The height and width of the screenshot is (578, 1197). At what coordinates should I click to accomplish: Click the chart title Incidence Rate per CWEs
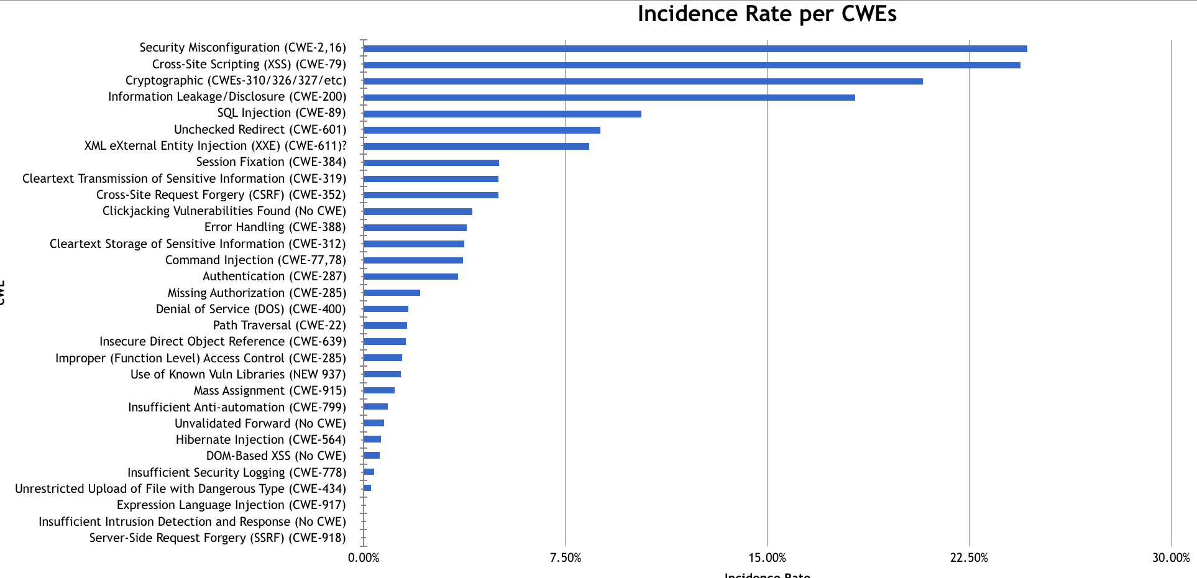pyautogui.click(x=767, y=14)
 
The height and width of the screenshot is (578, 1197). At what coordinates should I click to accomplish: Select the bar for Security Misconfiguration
pyautogui.click(x=695, y=48)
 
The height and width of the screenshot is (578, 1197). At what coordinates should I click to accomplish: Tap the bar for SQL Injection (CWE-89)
pyautogui.click(x=502, y=114)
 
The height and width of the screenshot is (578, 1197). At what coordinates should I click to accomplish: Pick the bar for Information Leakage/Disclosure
pyautogui.click(x=609, y=98)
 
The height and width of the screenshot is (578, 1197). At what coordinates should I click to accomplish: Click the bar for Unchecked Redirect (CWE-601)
pyautogui.click(x=482, y=130)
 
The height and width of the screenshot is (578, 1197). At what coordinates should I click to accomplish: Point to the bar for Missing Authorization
pyautogui.click(x=392, y=293)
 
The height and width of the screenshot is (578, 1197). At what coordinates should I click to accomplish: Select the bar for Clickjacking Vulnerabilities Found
pyautogui.click(x=418, y=212)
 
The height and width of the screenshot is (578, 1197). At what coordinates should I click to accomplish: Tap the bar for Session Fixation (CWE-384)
pyautogui.click(x=431, y=163)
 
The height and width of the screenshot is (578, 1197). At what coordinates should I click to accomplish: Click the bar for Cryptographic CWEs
pyautogui.click(x=643, y=81)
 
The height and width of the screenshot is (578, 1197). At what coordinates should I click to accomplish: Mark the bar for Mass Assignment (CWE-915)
pyautogui.click(x=379, y=390)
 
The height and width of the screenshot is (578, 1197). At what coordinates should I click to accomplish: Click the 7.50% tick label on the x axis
pyautogui.click(x=566, y=557)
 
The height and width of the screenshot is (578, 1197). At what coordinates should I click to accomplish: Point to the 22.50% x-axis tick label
pyautogui.click(x=969, y=557)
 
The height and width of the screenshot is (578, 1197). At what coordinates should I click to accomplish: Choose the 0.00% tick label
pyautogui.click(x=364, y=557)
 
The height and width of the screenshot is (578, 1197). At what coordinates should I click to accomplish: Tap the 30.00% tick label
pyautogui.click(x=1171, y=557)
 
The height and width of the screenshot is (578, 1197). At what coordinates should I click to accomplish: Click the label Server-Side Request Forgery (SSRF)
pyautogui.click(x=218, y=538)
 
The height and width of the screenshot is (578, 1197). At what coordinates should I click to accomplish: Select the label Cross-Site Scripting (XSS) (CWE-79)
pyautogui.click(x=249, y=64)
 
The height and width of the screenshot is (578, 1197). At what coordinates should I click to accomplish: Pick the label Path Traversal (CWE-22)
pyautogui.click(x=279, y=325)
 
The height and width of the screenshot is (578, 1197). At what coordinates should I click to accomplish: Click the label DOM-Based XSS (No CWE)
pyautogui.click(x=276, y=456)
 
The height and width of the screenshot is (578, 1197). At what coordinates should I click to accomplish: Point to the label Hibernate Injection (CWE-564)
pyautogui.click(x=260, y=439)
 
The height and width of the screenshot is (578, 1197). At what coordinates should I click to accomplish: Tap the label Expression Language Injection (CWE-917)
pyautogui.click(x=231, y=505)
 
